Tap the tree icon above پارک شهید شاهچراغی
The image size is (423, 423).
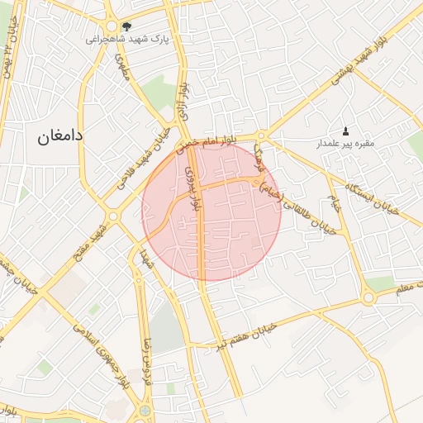click(x=126, y=26)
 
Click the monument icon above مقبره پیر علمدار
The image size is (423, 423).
click(x=345, y=131)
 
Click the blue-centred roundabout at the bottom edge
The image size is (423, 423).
click(x=145, y=411)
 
